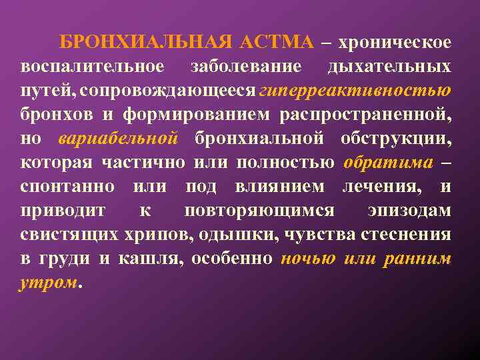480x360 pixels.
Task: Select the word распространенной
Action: (x=365, y=114)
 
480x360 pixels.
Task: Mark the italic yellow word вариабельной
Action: (x=118, y=138)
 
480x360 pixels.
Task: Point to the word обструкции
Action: (x=403, y=138)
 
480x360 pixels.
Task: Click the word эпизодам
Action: (x=409, y=210)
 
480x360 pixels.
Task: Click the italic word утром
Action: (x=49, y=282)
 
